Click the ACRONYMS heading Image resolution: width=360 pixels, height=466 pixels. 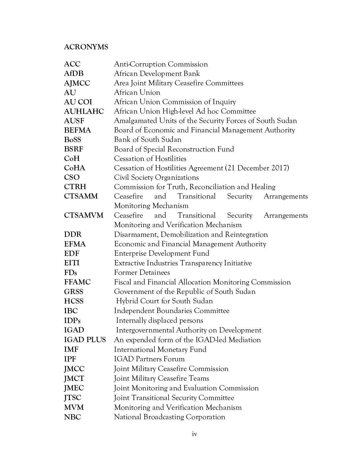86,47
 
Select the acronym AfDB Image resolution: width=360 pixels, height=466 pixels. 74,74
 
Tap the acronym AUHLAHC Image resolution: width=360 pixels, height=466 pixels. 84,111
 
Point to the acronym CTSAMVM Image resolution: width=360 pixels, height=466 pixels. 84,215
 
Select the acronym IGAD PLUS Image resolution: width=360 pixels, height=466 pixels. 85,340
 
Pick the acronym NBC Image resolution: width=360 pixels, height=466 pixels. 72,417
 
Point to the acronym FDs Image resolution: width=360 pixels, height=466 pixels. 71,273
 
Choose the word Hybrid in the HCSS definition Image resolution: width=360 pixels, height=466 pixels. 127,301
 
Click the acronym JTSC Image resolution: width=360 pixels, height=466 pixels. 72,398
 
